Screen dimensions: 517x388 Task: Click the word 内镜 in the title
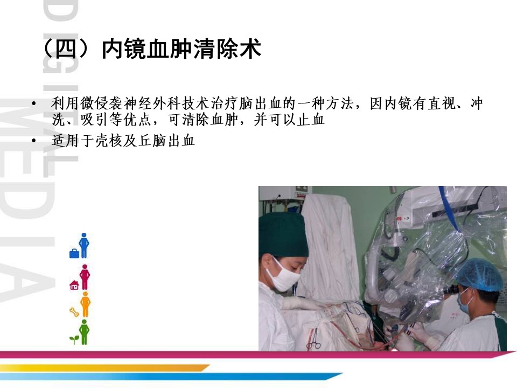(124, 50)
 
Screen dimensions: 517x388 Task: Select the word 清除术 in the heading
(227, 50)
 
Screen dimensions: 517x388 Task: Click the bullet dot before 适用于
(33, 141)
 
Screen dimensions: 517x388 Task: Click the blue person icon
(84, 245)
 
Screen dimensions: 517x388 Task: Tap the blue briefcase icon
(74, 254)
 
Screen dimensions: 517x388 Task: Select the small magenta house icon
(74, 285)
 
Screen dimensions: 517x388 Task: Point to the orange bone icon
(74, 312)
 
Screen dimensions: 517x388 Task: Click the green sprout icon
(74, 339)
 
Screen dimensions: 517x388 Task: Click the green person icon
(84, 332)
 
